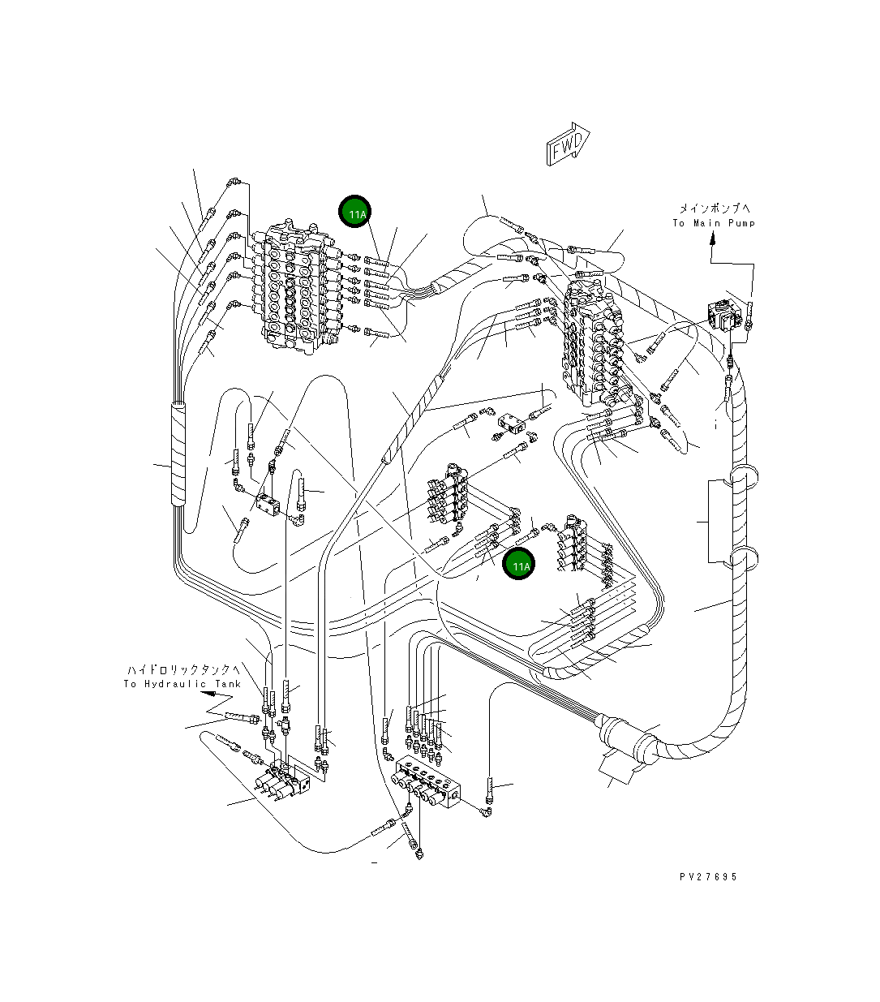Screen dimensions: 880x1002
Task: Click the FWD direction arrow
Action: (568, 144)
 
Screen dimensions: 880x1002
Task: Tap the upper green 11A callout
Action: (355, 212)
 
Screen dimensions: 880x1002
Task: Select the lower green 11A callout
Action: (518, 564)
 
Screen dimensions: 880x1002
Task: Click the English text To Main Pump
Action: (714, 224)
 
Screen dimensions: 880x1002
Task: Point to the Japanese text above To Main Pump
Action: (715, 209)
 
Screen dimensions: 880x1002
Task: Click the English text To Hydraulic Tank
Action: (182, 684)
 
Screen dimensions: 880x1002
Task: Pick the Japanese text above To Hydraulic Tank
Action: (184, 670)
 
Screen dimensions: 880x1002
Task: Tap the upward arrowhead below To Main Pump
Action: (712, 239)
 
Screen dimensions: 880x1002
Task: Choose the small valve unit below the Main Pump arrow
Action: (723, 315)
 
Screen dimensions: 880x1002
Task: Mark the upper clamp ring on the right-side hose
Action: (743, 475)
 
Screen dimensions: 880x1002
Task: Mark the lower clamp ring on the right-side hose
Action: (743, 557)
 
